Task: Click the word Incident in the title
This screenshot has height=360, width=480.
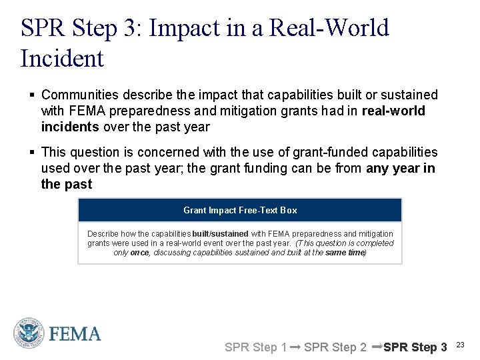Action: pyautogui.click(x=63, y=59)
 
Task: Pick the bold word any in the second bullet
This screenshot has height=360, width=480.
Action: pyautogui.click(x=379, y=169)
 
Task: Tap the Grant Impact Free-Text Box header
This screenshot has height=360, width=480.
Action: pyautogui.click(x=240, y=210)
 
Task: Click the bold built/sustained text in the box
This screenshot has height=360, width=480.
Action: pyautogui.click(x=220, y=234)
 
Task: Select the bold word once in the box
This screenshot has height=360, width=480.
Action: pyautogui.click(x=140, y=253)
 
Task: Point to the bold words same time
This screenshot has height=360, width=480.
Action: pyautogui.click(x=345, y=253)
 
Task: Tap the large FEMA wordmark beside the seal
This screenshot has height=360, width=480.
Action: pyautogui.click(x=75, y=334)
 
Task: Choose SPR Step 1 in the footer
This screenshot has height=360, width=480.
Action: pyautogui.click(x=255, y=347)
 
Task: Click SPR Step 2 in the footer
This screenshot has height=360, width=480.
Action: pyautogui.click(x=335, y=347)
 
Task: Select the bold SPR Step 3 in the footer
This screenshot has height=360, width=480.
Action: pyautogui.click(x=415, y=347)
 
